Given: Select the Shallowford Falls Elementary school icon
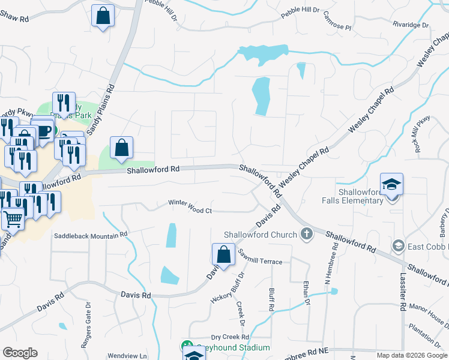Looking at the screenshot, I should pos(391,185).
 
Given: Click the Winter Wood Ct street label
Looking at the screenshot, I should pos(190,211).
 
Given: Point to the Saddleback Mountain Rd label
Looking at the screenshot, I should pos(91,236).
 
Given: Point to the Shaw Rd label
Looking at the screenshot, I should pos(14,19).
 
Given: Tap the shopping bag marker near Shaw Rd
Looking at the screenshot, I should pos(103,15).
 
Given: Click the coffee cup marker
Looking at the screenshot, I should pos(42,130).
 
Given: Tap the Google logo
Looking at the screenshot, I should pos(20,352).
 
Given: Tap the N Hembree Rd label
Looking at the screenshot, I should pos(328,276).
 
